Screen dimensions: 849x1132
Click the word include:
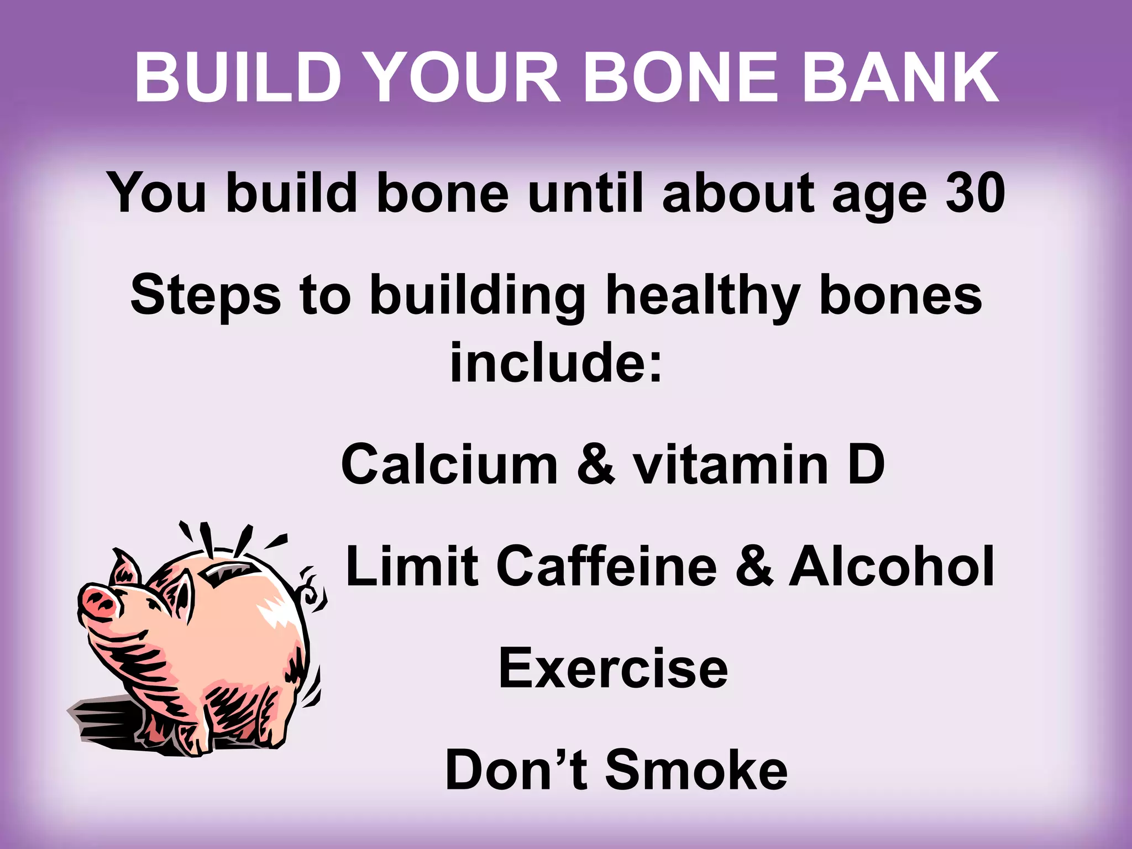[x=556, y=362]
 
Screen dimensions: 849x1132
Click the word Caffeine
[x=607, y=566]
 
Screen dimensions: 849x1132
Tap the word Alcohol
[x=891, y=566]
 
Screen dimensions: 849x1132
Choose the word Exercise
[x=613, y=669]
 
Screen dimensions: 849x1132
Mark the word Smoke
[x=696, y=770]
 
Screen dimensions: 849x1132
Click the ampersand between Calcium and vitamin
[x=596, y=464]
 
